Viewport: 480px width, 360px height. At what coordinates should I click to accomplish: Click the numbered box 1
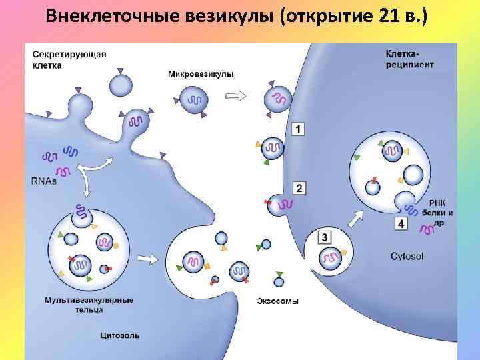pyautogui.click(x=298, y=129)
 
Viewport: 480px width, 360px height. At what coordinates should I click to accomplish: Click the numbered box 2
pyautogui.click(x=299, y=188)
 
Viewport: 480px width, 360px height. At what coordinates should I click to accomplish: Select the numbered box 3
pyautogui.click(x=324, y=237)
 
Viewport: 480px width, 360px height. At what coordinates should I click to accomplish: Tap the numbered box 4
pyautogui.click(x=401, y=224)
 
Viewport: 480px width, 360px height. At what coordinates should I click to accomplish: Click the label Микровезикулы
pyautogui.click(x=201, y=74)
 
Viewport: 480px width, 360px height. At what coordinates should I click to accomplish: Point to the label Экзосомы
pyautogui.click(x=277, y=301)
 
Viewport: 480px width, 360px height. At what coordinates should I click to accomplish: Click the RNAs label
pyautogui.click(x=44, y=180)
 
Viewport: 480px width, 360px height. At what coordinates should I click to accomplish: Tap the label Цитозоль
pyautogui.click(x=121, y=335)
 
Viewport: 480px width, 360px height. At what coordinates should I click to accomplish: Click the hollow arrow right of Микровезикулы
pyautogui.click(x=235, y=95)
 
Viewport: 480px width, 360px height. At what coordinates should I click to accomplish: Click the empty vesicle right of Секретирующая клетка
pyautogui.click(x=121, y=85)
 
